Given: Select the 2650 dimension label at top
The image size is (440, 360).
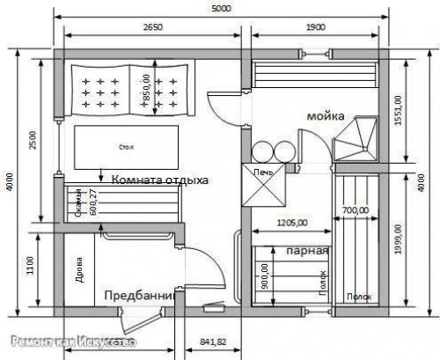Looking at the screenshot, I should click(x=151, y=27).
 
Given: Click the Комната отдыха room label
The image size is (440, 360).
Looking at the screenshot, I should click(x=158, y=180).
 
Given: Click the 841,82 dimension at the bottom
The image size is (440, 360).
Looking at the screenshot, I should click(x=214, y=341).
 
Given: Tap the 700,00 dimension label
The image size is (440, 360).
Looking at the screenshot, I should click(x=356, y=210).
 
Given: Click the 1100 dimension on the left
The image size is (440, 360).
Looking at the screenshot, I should click(x=33, y=264).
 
